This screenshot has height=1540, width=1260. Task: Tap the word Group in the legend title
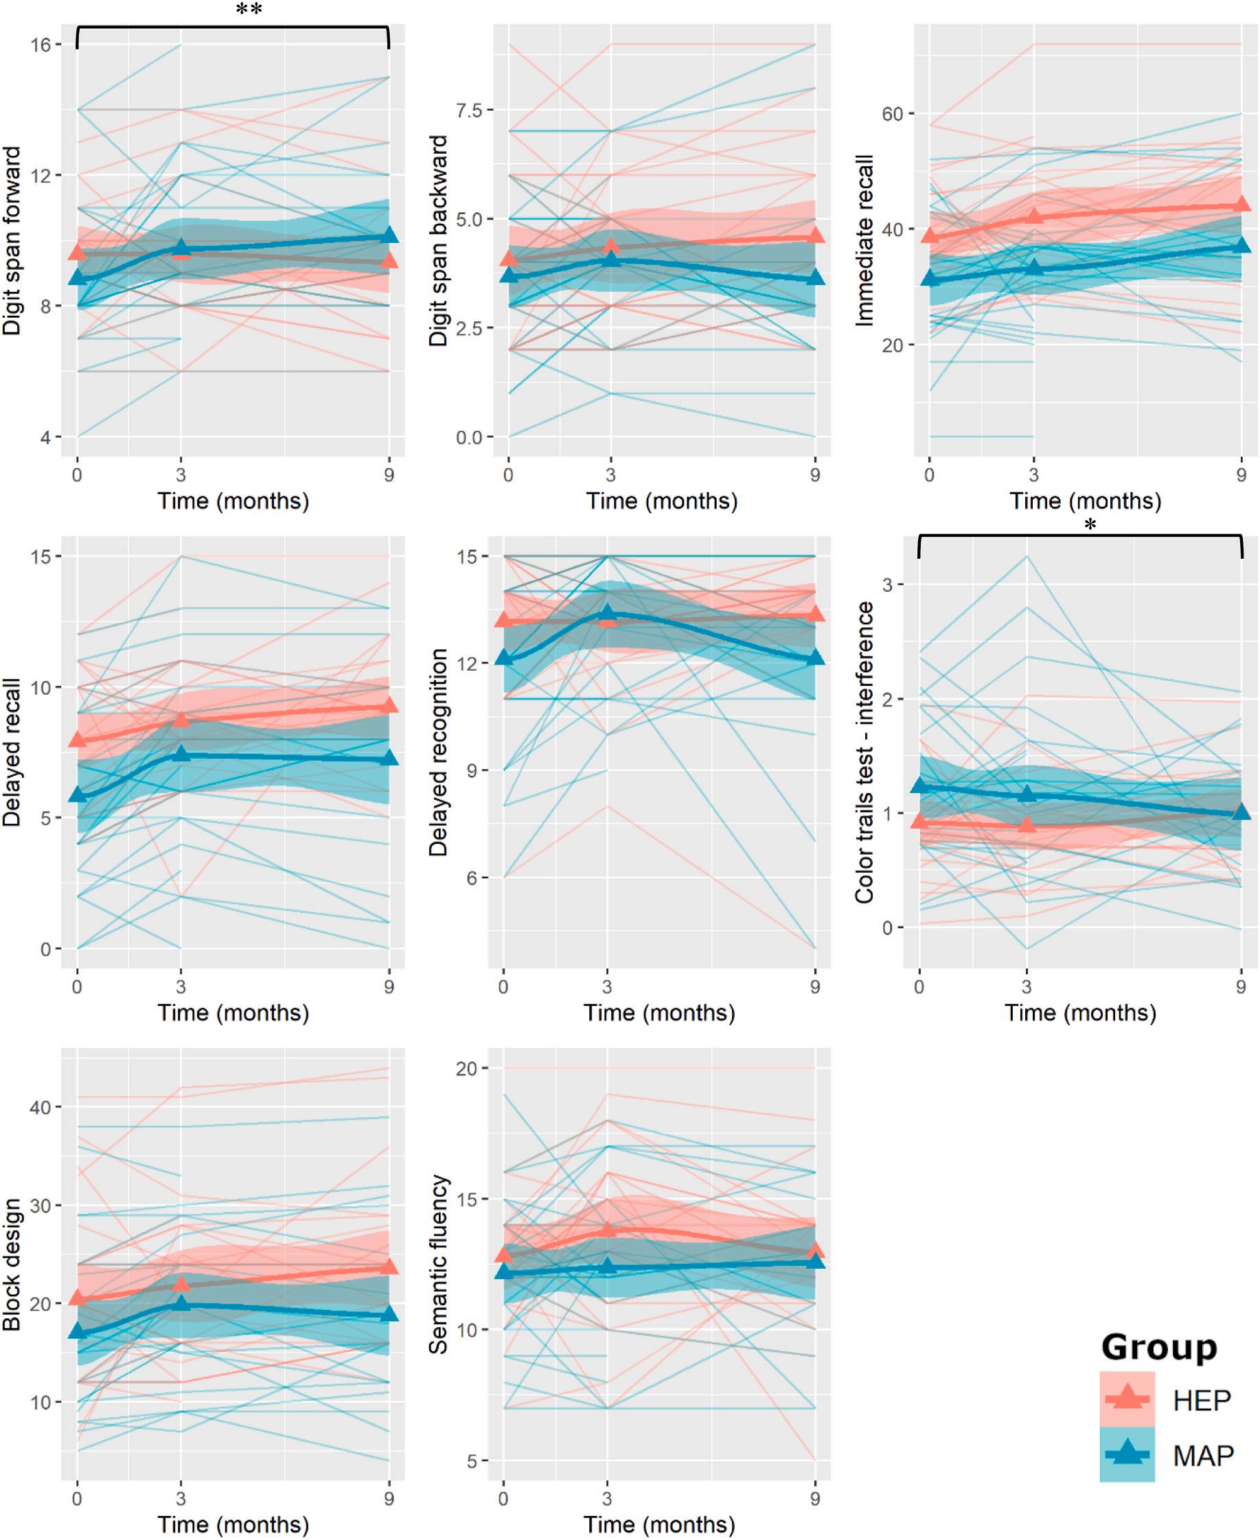pyautogui.click(x=1158, y=1347)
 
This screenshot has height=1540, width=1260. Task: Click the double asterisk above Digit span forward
pyautogui.click(x=249, y=10)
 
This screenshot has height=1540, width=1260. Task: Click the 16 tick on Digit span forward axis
pyautogui.click(x=41, y=45)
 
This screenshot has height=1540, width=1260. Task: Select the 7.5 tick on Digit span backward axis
pyautogui.click(x=468, y=111)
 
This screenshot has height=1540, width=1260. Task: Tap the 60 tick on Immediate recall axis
pyautogui.click(x=892, y=114)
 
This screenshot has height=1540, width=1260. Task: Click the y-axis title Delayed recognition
pyautogui.click(x=438, y=752)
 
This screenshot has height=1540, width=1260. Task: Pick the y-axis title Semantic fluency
pyautogui.click(x=438, y=1265)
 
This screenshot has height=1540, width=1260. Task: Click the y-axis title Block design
pyautogui.click(x=12, y=1265)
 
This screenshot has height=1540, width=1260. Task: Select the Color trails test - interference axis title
pyautogui.click(x=864, y=752)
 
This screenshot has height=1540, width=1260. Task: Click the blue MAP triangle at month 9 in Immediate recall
pyautogui.click(x=1242, y=245)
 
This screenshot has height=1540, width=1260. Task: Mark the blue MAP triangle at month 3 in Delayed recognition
pyautogui.click(x=608, y=614)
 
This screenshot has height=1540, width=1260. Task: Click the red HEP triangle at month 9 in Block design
pyautogui.click(x=389, y=1267)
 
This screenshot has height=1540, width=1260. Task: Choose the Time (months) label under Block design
pyautogui.click(x=233, y=1524)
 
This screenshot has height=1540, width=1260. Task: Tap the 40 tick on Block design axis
pyautogui.click(x=41, y=1107)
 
